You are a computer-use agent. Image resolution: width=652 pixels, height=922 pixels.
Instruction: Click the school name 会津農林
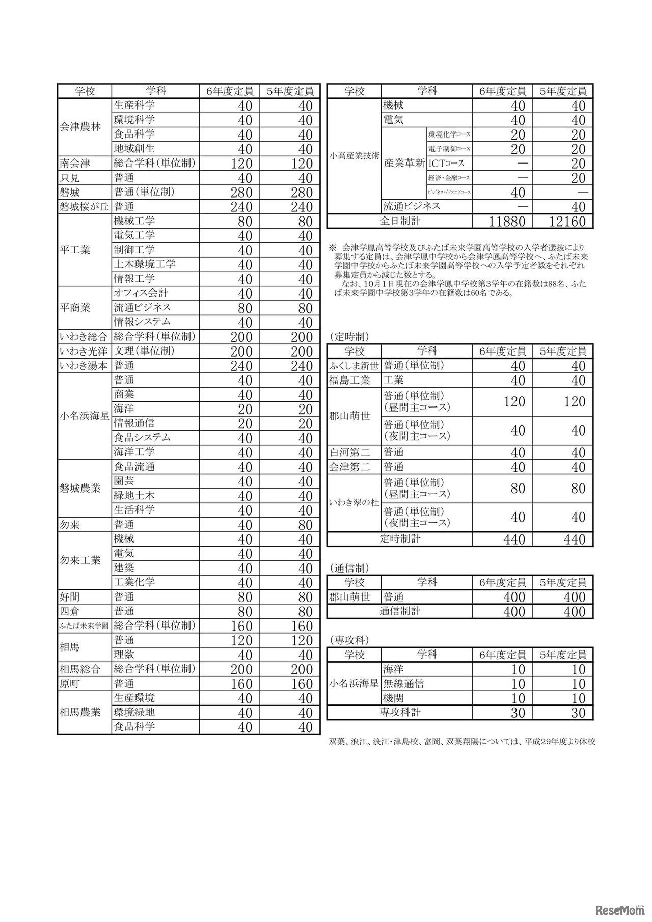80,127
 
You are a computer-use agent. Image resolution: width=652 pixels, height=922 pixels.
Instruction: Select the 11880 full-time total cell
503,221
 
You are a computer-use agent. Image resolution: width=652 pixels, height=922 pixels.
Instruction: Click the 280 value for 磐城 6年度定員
241,193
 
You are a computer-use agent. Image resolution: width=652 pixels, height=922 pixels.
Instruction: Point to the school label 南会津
75,164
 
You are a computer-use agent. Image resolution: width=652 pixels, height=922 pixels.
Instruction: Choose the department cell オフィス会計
141,293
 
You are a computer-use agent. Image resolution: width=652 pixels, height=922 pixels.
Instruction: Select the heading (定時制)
349,337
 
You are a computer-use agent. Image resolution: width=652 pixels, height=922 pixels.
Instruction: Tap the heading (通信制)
349,568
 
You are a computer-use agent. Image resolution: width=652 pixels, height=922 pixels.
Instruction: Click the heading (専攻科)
349,640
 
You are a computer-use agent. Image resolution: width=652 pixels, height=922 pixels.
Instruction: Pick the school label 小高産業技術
354,156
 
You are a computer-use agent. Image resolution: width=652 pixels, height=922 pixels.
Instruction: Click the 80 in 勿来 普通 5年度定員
305,525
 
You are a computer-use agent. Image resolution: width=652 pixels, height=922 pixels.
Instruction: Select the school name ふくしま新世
354,366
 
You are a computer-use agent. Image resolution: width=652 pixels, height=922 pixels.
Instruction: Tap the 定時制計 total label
400,539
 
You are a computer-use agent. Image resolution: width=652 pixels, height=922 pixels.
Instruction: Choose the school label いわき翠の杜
354,503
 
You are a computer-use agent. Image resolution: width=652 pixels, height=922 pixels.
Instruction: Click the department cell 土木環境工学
145,264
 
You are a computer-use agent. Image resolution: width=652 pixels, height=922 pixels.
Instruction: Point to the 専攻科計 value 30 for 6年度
518,713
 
